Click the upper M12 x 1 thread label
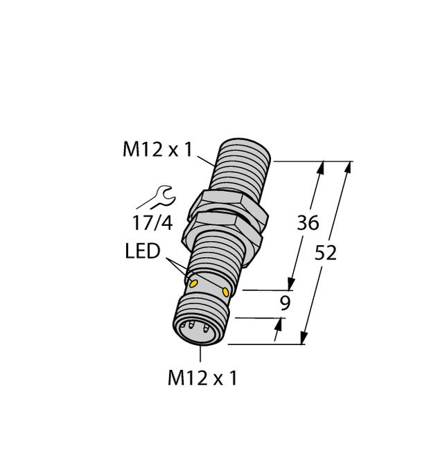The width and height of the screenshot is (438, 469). pos(157,150)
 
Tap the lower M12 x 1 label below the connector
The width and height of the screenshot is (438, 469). pos(202,378)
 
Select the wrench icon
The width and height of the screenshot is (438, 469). pos(159,198)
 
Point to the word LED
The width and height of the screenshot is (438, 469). pos(142,251)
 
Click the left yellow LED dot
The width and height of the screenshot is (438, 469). pos(194,283)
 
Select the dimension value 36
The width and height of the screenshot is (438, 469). pos(307,224)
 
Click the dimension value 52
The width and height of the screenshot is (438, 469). pos(325,254)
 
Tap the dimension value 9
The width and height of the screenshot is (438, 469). pos(285,303)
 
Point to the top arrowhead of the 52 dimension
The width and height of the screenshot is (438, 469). pos(348,167)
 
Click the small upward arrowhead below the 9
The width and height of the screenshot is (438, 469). pos(280,324)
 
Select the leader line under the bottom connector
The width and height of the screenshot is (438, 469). pos(201,353)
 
